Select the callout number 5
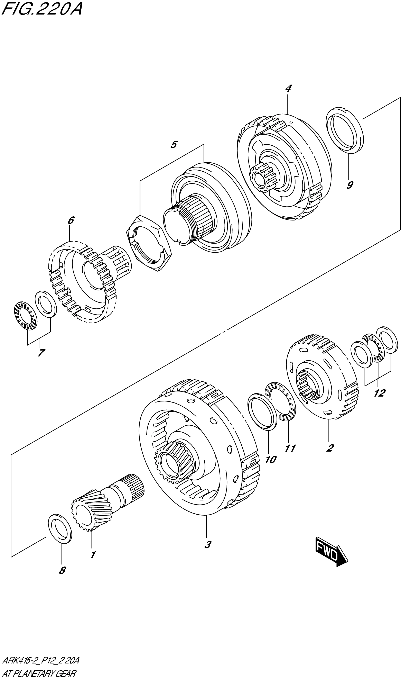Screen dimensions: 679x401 [174, 145]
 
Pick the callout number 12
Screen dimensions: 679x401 [379, 393]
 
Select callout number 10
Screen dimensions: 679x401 [270, 459]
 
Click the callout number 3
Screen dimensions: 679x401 [207, 545]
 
